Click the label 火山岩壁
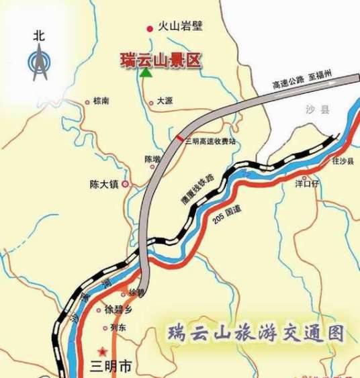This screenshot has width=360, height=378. point(180,28)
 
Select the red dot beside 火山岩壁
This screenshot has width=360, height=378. point(149,28)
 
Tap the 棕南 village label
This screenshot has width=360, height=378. point(101,102)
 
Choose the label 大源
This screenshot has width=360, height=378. point(165,101)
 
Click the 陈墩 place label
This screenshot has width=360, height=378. point(152,159)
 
